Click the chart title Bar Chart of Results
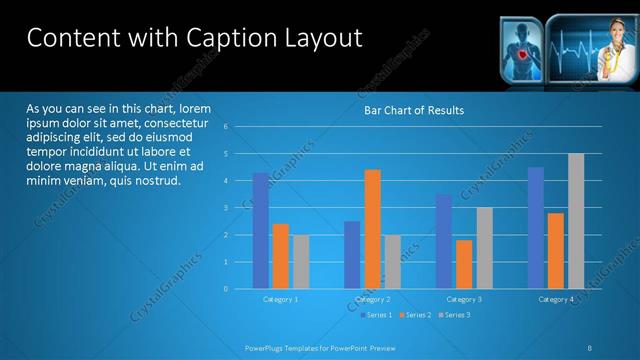coord(413,110)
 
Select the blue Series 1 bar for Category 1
coord(261,230)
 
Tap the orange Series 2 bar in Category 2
coord(372,229)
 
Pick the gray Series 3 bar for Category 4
coord(576,221)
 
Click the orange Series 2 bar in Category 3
coord(464,264)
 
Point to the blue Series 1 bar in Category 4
coord(536,228)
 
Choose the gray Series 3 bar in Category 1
coord(301,262)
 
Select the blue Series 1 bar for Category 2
coord(352,255)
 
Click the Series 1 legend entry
coord(375,315)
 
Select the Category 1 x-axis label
coord(280,299)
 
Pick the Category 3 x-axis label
coord(464,299)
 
